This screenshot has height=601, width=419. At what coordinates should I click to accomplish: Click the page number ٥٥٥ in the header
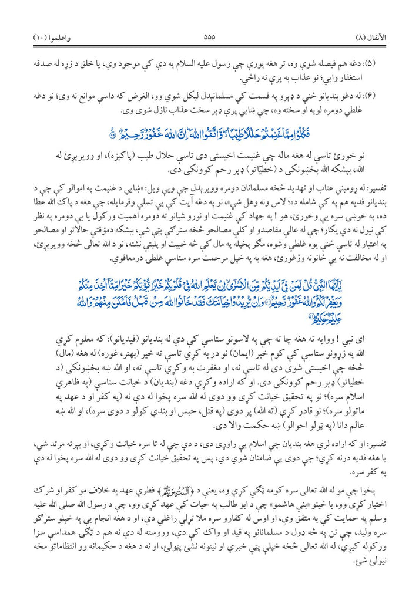pos(209,36)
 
